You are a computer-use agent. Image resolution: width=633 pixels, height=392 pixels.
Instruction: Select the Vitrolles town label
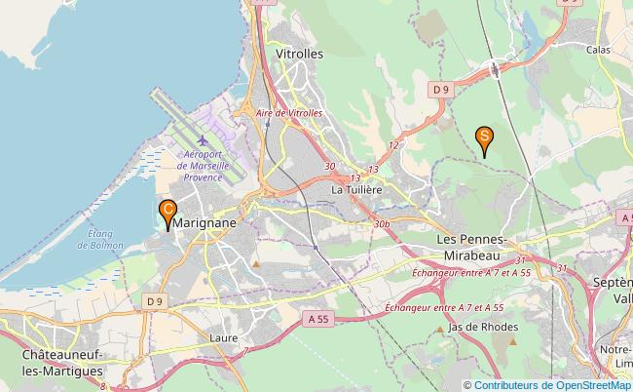point(299,55)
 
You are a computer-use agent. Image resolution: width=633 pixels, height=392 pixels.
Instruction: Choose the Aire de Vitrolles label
point(289,113)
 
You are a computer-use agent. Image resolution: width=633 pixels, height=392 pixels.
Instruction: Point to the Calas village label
point(598,47)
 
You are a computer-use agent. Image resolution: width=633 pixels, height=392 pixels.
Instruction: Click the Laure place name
point(223,339)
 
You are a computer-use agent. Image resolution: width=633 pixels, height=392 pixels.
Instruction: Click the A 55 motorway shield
point(316,318)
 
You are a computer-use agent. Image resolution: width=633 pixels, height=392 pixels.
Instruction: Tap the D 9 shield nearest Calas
point(441,90)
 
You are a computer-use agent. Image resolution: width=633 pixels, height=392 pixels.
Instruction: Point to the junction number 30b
point(381,224)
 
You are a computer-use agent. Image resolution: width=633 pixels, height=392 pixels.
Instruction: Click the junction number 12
point(393,145)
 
